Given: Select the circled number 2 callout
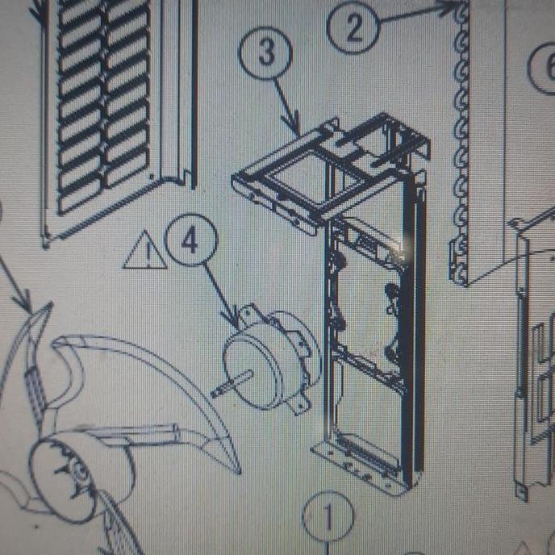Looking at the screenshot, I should [353, 28].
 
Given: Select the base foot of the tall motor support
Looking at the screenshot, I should [363, 468].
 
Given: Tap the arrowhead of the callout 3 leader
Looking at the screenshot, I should [298, 131].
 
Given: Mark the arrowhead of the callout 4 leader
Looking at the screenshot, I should [237, 326].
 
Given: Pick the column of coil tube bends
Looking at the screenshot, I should [464, 145].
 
